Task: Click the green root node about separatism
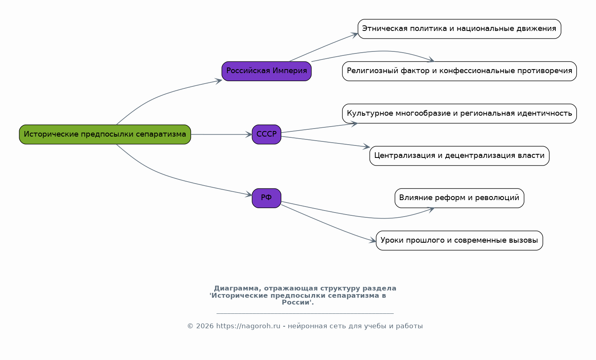point(105,134)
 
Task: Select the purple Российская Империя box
point(266,71)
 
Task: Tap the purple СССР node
point(266,134)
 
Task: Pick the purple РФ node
point(266,198)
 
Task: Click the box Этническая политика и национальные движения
point(459,29)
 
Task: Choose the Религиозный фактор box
point(459,71)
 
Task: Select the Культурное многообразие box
point(459,113)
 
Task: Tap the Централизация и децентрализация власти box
point(459,155)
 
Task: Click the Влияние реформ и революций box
point(459,198)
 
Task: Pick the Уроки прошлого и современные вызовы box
point(459,240)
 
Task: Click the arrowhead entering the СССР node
point(249,134)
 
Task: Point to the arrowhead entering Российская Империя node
point(219,81)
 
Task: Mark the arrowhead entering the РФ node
point(249,194)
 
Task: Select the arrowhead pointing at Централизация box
point(367,146)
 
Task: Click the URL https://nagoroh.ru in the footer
point(248,326)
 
